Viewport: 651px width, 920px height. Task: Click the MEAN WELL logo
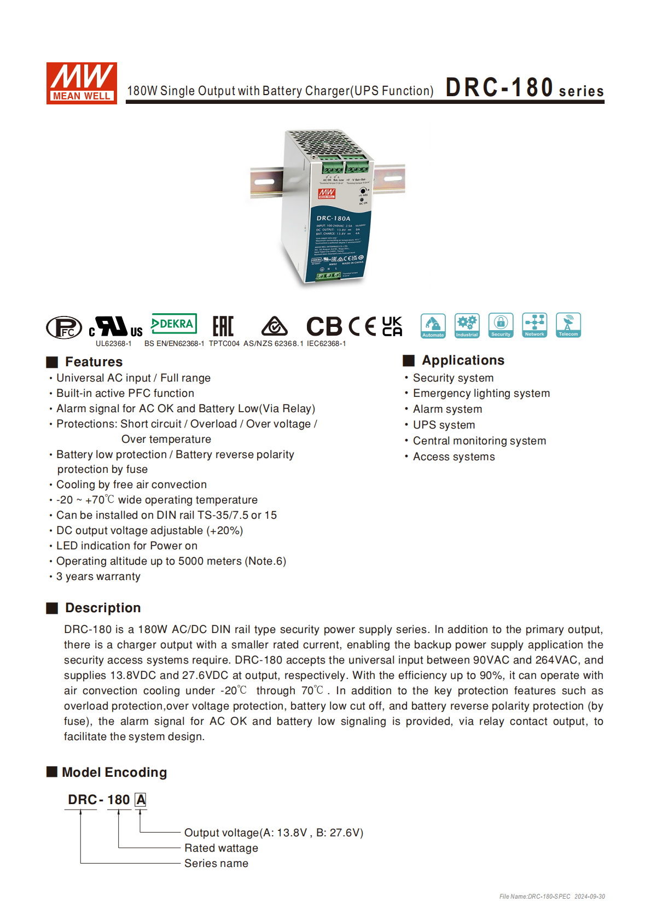tap(82, 83)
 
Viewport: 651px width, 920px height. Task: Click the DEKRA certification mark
tap(174, 324)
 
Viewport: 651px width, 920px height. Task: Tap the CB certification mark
tap(324, 326)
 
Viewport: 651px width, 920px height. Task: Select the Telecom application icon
tap(568, 325)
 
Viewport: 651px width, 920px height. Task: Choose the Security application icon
tap(501, 325)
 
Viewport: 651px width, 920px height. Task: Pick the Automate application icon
tap(433, 326)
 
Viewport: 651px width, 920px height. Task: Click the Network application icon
tap(534, 325)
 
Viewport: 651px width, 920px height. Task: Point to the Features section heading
tap(94, 362)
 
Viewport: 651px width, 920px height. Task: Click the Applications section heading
tap(463, 360)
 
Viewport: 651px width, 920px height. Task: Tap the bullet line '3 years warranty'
tap(98, 576)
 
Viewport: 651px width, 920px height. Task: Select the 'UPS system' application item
tap(444, 425)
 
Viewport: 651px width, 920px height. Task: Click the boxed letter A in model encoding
tap(141, 800)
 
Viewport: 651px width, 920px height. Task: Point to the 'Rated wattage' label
tap(221, 848)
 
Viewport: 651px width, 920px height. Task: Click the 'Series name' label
tap(216, 863)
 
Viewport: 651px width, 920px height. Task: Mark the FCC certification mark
tap(64, 327)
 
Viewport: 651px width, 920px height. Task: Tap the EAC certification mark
tap(223, 326)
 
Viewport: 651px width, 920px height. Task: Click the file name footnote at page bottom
tap(551, 896)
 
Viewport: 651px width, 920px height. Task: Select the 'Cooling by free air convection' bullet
tap(131, 484)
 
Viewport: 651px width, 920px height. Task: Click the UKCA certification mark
tap(392, 326)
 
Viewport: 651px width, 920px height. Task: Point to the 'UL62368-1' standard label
tap(113, 343)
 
